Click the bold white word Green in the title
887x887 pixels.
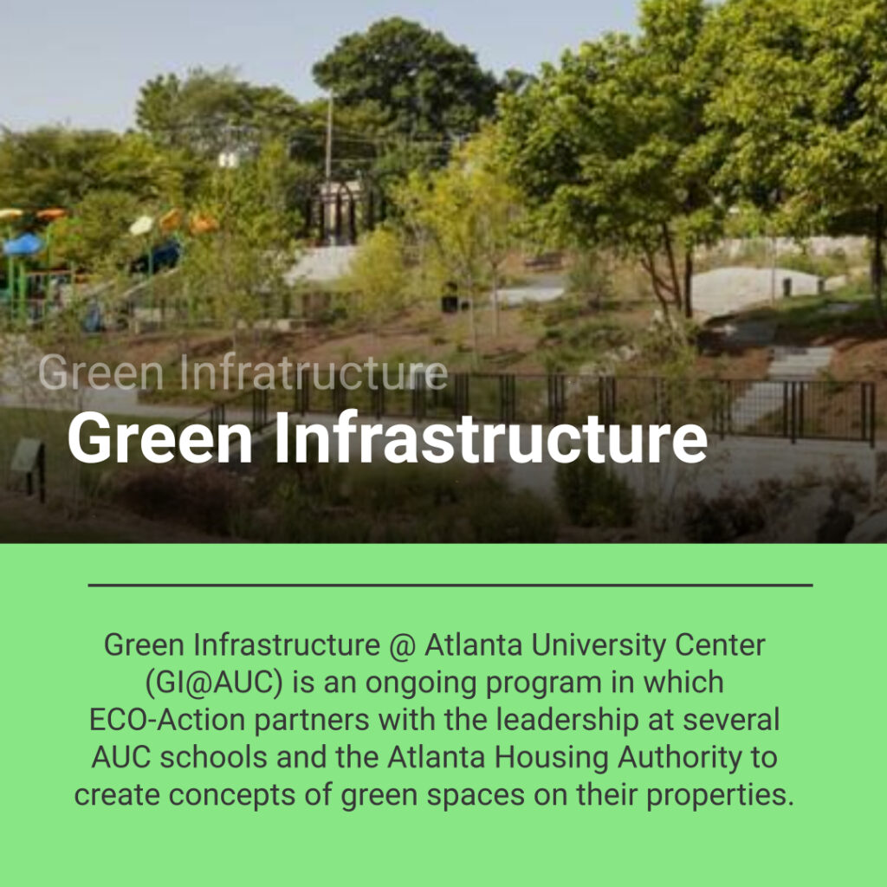point(160,438)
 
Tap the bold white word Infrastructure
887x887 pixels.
point(491,437)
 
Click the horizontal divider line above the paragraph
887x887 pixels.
point(450,585)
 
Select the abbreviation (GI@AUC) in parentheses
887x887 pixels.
point(214,683)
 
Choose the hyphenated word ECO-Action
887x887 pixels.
point(167,720)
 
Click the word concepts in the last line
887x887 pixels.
point(232,795)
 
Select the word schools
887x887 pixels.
point(213,758)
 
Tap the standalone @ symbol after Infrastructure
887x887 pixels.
point(402,646)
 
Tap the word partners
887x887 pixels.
point(311,721)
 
